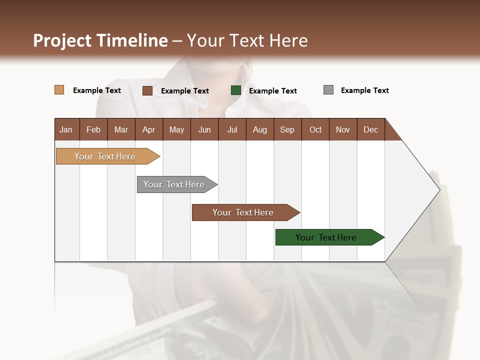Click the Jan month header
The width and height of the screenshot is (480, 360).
(x=66, y=129)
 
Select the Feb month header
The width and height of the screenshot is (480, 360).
(x=93, y=129)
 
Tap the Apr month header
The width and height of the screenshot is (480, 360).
(x=148, y=129)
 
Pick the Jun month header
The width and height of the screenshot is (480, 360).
(x=204, y=129)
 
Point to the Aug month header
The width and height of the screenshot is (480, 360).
(x=259, y=129)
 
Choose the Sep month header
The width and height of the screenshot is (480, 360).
(x=287, y=129)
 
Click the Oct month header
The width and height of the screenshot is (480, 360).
(x=315, y=129)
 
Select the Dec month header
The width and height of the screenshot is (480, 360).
(x=370, y=129)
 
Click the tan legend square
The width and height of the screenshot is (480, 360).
(x=59, y=90)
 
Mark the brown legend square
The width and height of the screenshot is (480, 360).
(x=147, y=90)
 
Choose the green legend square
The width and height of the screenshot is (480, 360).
(x=236, y=90)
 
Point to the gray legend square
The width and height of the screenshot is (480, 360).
(x=328, y=90)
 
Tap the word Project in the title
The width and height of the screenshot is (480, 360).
(x=63, y=40)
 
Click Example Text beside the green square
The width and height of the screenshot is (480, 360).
(x=272, y=90)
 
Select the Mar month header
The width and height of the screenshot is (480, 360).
(x=121, y=129)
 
